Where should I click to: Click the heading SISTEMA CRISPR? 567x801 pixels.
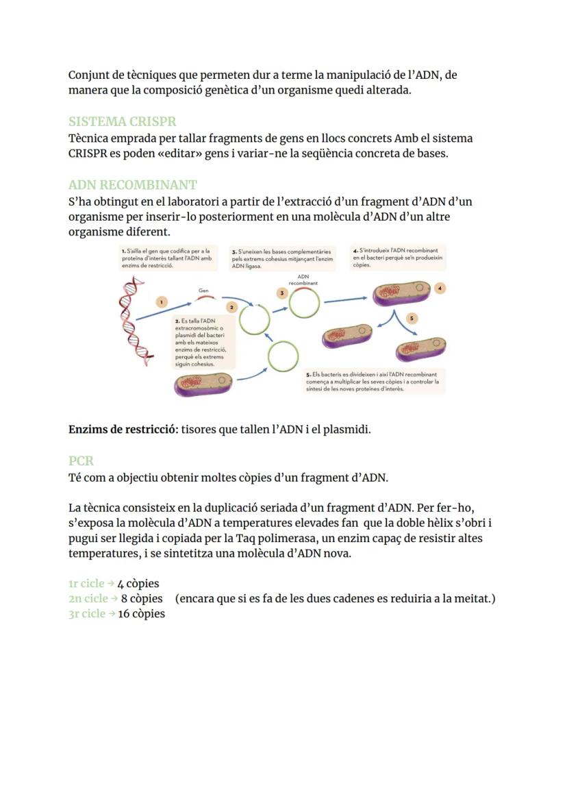coord(122,122)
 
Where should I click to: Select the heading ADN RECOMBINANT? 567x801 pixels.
coord(132,185)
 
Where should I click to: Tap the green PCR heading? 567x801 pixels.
coord(81,460)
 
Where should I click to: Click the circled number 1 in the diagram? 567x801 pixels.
coord(161,301)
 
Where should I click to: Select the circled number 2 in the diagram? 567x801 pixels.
coord(231,308)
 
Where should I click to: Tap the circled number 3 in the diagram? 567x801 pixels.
coord(281,293)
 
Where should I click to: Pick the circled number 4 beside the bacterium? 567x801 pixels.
coord(440,288)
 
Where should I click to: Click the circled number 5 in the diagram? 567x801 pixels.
coord(411,319)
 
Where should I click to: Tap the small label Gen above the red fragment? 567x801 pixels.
coord(203,291)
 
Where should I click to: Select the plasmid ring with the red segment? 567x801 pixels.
coord(303,301)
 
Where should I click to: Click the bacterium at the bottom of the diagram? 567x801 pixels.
coord(205,384)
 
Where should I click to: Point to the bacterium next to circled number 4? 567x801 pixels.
coord(401,293)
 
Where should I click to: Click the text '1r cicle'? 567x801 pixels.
coord(86,584)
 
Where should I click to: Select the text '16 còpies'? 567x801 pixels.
coord(141,614)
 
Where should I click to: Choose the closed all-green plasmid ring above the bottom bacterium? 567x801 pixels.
coord(282,356)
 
